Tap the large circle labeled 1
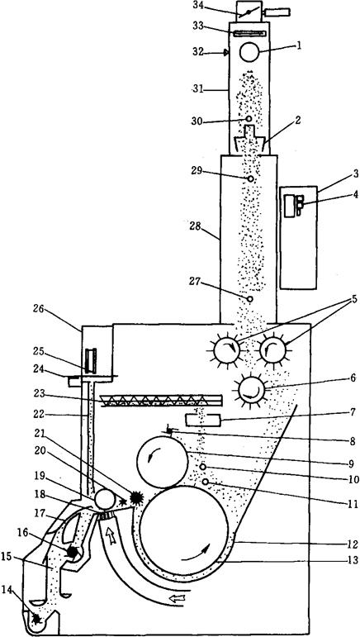coord(249,52)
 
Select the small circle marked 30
coord(249,119)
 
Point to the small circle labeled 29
coord(251,178)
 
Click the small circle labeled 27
coord(250,299)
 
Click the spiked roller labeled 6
coord(251,390)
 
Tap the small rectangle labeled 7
coord(203,420)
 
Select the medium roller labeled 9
coord(163,462)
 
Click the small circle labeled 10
coord(203,467)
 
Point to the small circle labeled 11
coord(206,482)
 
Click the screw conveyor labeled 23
coord(161,401)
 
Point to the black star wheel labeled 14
coord(37,619)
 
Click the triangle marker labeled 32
coord(226,52)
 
